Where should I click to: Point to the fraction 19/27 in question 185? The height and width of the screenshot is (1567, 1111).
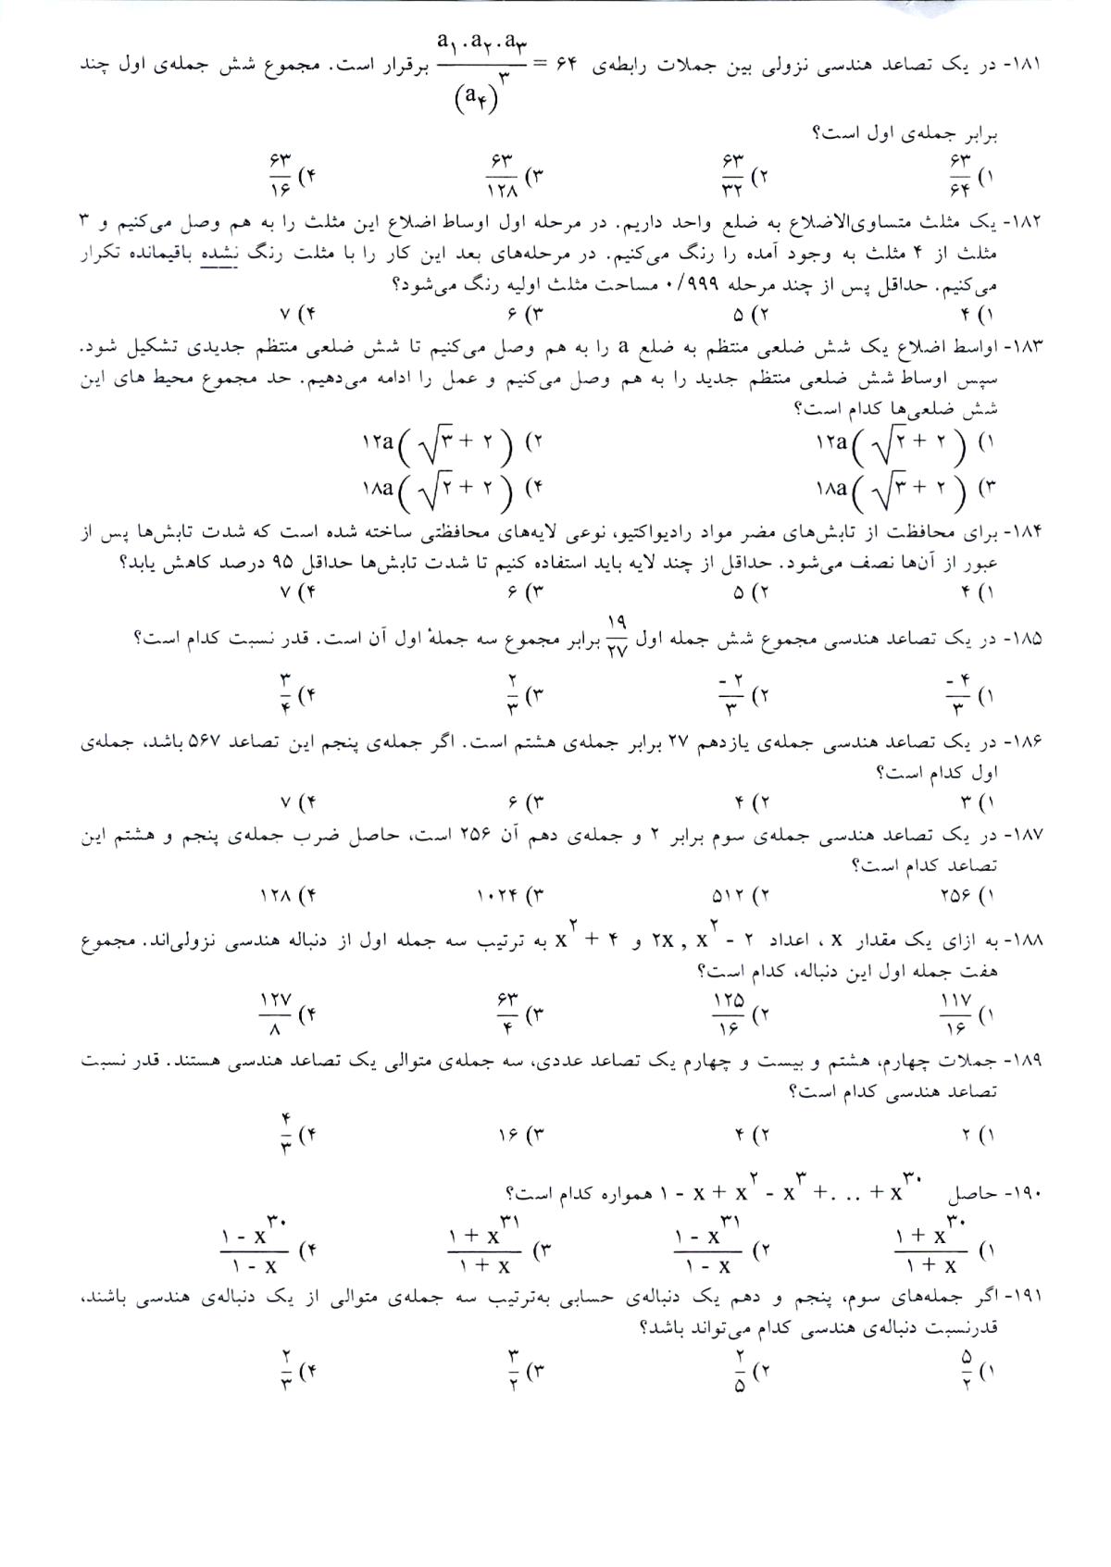(x=618, y=637)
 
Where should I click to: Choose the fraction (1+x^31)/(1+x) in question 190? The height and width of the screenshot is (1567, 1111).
(x=483, y=1251)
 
